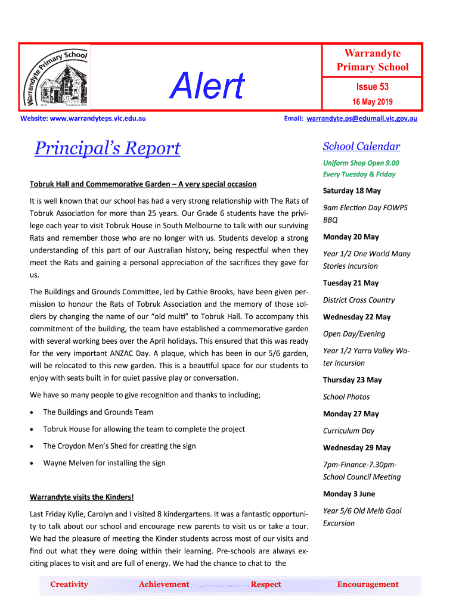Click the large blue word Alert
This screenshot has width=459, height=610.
click(x=207, y=86)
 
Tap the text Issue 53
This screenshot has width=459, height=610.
click(x=372, y=87)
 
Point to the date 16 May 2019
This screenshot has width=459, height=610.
click(x=372, y=102)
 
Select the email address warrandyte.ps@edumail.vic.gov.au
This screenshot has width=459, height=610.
click(x=362, y=119)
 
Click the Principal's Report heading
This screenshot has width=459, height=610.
click(x=107, y=148)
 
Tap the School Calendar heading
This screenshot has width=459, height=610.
click(x=361, y=147)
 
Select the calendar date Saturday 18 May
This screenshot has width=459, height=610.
click(x=352, y=191)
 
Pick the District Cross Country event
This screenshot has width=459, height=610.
click(x=359, y=300)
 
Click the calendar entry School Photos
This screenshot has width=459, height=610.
click(x=346, y=397)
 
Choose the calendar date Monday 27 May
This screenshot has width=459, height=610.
click(x=351, y=414)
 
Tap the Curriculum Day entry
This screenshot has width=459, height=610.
click(x=349, y=431)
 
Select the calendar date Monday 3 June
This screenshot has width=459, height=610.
click(x=349, y=494)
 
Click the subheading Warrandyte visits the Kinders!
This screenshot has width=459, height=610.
click(x=82, y=497)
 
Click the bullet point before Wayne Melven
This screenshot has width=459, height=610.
click(x=32, y=463)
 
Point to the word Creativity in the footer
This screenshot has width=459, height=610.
click(x=69, y=584)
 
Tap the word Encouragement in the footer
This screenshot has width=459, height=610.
click(x=368, y=584)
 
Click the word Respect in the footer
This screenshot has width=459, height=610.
click(x=266, y=584)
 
